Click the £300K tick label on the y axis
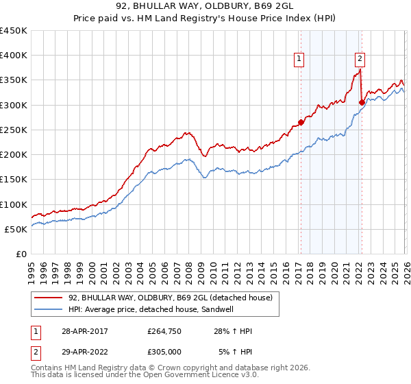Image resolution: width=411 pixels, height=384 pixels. (14, 105)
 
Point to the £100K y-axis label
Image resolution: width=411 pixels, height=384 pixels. (14, 204)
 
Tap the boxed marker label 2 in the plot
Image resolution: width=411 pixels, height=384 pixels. (360, 59)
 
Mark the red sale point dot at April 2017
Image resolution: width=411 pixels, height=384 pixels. (300, 123)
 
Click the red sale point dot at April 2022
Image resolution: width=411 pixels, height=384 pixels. (361, 103)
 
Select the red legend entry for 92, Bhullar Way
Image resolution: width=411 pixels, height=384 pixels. (171, 298)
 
